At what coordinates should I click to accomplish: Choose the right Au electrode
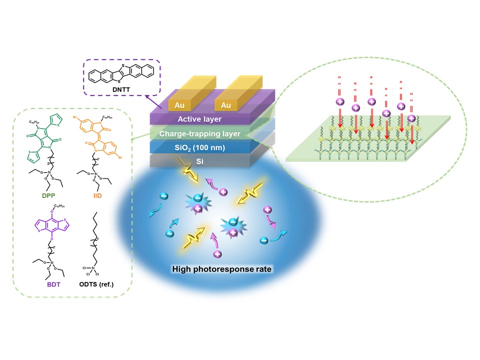coord(226,105)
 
